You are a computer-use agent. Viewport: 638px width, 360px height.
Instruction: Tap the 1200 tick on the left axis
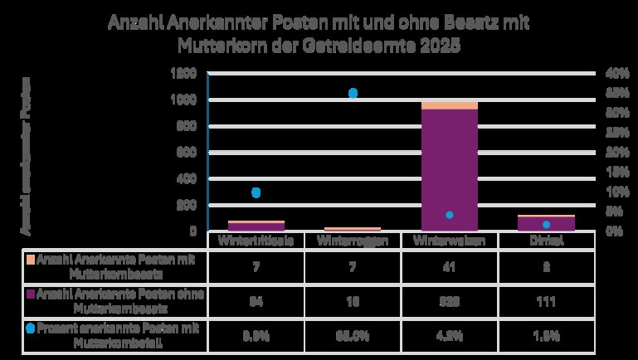pyautogui.click(x=184, y=74)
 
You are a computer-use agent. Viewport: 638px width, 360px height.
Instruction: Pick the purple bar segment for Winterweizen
pyautogui.click(x=449, y=170)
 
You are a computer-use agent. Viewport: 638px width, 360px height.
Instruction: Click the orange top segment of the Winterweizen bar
pyautogui.click(x=449, y=105)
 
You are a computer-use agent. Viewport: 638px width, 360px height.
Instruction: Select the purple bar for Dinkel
pyautogui.click(x=546, y=223)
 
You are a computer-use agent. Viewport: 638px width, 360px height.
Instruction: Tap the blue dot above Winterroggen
pyautogui.click(x=353, y=94)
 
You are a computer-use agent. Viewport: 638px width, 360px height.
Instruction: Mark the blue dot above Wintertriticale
pyautogui.click(x=256, y=192)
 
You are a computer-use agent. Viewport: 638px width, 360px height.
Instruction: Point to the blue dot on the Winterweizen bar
pyautogui.click(x=449, y=215)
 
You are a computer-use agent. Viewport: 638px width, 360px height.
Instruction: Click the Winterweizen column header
pyautogui.click(x=449, y=241)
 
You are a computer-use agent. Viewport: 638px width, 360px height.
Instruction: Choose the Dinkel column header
pyautogui.click(x=546, y=241)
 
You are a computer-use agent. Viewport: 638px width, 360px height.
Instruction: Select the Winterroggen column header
pyautogui.click(x=352, y=241)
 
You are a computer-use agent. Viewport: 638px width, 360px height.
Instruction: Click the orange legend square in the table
pyautogui.click(x=31, y=260)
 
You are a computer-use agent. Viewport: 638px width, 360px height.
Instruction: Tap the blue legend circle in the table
pyautogui.click(x=31, y=328)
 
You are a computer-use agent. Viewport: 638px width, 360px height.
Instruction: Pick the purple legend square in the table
pyautogui.click(x=31, y=294)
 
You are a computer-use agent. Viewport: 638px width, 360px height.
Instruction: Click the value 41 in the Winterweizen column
pyautogui.click(x=449, y=267)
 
